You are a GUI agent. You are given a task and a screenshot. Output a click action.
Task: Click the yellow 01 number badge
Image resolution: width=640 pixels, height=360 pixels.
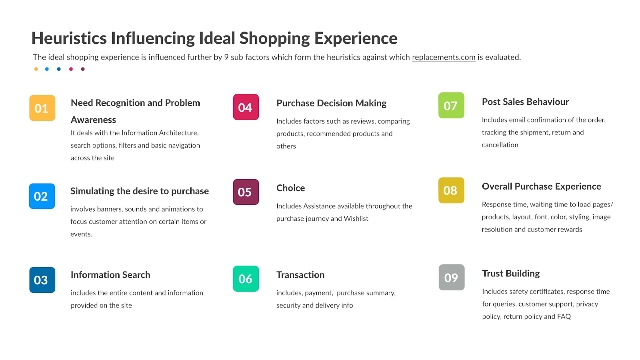tap(42, 108)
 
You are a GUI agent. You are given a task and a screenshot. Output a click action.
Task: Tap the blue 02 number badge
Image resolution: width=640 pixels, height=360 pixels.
tap(42, 196)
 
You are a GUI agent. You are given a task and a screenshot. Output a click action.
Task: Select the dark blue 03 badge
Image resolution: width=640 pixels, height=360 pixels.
tap(42, 280)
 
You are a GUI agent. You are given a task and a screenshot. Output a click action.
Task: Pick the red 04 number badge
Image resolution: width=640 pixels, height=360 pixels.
tap(246, 107)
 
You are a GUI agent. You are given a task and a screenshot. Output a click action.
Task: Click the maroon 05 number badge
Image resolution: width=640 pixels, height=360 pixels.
tap(246, 192)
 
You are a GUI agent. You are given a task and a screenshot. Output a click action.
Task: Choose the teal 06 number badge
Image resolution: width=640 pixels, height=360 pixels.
tap(246, 279)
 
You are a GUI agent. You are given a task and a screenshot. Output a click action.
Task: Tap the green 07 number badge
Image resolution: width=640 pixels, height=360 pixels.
tap(451, 106)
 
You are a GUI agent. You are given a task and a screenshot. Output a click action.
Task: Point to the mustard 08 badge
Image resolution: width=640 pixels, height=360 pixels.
tap(451, 190)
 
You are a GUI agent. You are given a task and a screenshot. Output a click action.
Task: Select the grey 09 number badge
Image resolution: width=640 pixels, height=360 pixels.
tap(452, 277)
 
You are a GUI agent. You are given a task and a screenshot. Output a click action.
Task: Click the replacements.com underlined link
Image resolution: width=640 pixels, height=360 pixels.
tap(444, 57)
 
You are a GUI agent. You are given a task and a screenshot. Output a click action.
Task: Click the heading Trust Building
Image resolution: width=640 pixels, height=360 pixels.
tap(511, 274)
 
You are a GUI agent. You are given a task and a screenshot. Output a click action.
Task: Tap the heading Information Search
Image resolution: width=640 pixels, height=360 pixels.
tap(110, 275)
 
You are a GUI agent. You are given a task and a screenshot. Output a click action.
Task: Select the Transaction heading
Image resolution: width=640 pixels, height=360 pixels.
tap(300, 275)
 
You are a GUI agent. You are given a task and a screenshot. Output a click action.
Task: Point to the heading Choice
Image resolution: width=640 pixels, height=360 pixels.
tap(291, 188)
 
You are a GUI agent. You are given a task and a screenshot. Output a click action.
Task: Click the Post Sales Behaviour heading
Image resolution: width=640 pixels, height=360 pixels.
tap(525, 102)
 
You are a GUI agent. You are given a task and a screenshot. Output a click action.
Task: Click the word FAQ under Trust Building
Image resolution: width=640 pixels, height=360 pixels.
tap(564, 316)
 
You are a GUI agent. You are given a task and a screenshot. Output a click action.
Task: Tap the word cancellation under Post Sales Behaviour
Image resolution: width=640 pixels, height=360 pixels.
tap(500, 145)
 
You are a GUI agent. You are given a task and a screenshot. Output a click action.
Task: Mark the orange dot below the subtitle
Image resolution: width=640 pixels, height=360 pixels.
tap(36, 69)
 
